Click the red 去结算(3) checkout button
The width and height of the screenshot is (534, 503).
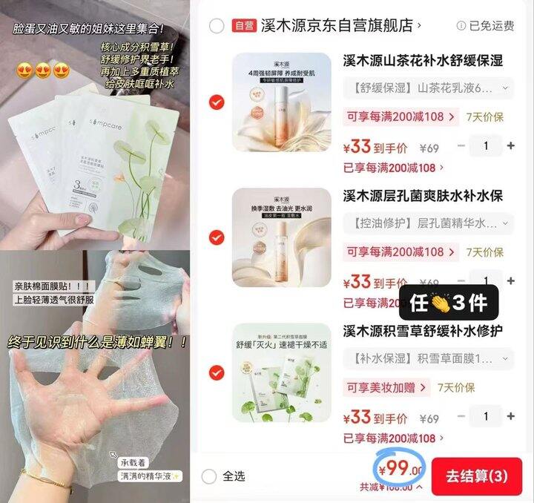pyautogui.click(x=477, y=476)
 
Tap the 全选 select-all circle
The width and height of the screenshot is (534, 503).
pyautogui.click(x=210, y=476)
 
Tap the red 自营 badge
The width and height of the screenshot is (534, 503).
pyautogui.click(x=243, y=26)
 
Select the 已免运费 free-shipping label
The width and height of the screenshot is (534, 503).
pyautogui.click(x=486, y=26)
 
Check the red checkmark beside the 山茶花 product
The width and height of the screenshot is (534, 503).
pyautogui.click(x=217, y=102)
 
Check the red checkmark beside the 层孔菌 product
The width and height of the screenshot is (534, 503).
pyautogui.click(x=217, y=237)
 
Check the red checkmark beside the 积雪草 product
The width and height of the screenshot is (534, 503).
pyautogui.click(x=217, y=372)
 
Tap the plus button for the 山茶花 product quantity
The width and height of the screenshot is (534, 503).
pyautogui.click(x=510, y=146)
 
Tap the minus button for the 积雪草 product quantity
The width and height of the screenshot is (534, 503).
pyautogui.click(x=461, y=416)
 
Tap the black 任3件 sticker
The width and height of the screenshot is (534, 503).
pyautogui.click(x=448, y=302)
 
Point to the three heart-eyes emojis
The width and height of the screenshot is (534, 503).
pyautogui.click(x=42, y=70)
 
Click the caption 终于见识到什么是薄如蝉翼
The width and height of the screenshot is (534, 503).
pyautogui.click(x=96, y=342)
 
